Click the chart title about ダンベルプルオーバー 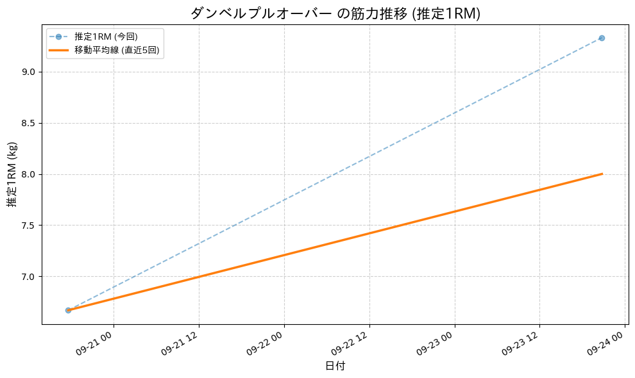[x=335, y=13]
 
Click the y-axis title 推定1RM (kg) [x=12, y=174]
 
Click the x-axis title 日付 [x=335, y=366]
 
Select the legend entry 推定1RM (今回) [x=105, y=37]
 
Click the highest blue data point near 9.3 [x=602, y=38]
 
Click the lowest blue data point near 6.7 [x=68, y=310]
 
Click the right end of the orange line [x=602, y=174]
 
